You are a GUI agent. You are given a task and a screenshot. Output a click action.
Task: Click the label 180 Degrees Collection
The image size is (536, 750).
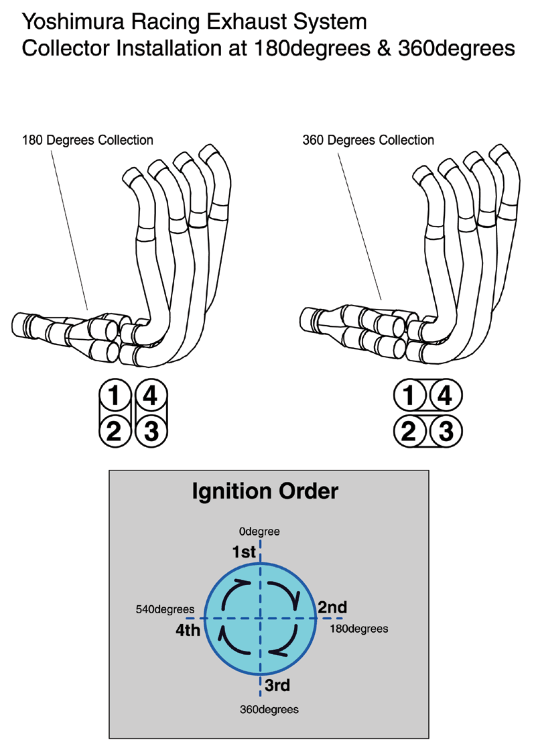tap(88, 140)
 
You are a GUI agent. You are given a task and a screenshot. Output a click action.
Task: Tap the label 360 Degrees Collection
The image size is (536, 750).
tap(368, 140)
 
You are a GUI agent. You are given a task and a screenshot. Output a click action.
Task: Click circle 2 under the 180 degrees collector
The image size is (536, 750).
tap(115, 431)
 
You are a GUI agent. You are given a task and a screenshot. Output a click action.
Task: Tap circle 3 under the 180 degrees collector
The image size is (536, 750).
tap(151, 431)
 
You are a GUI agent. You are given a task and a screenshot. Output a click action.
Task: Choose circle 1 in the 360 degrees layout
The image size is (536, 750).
tap(409, 397)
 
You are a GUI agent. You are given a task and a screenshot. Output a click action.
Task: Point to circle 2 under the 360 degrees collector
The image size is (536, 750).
tap(409, 431)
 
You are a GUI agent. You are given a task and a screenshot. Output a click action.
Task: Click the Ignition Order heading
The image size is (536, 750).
tap(265, 491)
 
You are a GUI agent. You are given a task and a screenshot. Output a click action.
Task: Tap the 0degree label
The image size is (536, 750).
tap(259, 532)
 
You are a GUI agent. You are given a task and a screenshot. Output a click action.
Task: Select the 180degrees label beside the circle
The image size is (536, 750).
tap(359, 629)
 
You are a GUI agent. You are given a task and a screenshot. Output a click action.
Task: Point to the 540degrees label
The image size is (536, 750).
tap(163, 609)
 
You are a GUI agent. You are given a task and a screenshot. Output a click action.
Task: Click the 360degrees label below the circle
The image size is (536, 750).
tap(269, 708)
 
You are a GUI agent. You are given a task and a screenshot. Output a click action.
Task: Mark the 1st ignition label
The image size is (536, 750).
tap(245, 552)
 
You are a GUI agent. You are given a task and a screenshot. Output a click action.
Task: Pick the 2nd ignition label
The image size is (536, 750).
tap(332, 607)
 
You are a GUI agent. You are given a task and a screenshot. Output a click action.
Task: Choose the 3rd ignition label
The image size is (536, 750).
tap(277, 685)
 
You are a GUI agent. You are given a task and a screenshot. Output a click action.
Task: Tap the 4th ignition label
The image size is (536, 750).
tap(188, 630)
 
